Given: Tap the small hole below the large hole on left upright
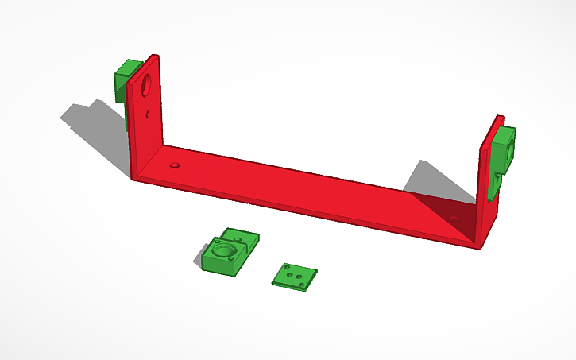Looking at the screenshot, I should pos(149,114).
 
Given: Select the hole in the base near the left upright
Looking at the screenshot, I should pos(175,166).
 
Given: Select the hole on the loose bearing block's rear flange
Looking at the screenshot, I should pos(240,236).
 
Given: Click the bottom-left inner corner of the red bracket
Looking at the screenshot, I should pos(163,146).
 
